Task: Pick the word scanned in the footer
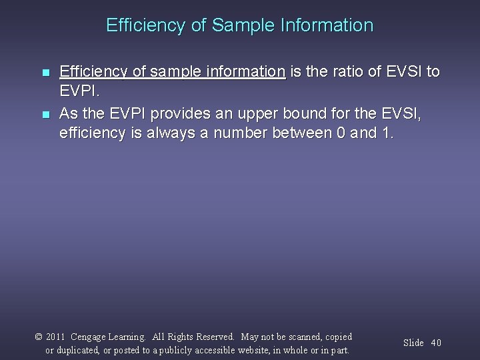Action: point(301,337)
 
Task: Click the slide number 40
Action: point(436,343)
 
